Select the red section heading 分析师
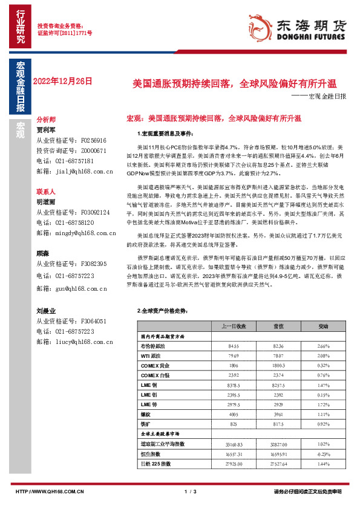47,120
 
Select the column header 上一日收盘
234,326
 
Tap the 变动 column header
323,326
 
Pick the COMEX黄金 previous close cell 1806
234,366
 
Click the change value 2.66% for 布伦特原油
323,346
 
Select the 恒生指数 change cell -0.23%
323,453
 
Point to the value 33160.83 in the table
234,443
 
